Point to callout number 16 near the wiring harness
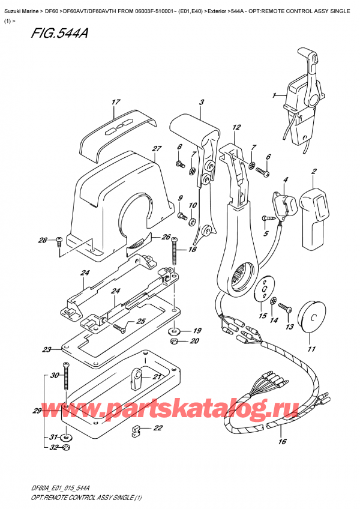click(283, 442)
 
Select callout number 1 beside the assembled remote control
click(274, 95)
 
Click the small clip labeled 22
click(136, 430)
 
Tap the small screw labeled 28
click(59, 242)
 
